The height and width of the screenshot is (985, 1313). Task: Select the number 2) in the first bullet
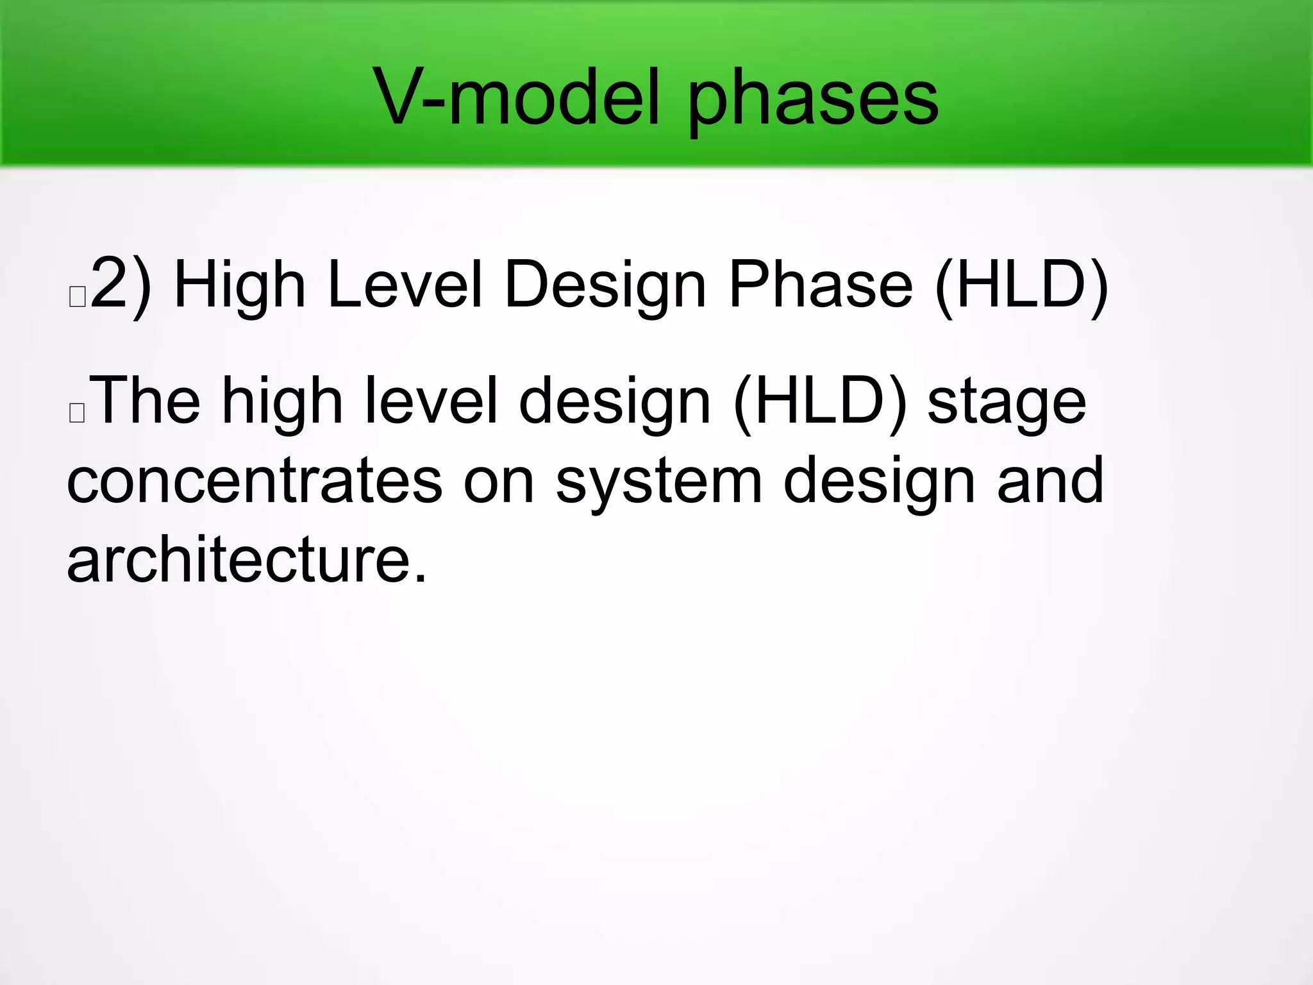coord(122,283)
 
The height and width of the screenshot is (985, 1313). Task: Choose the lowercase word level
coord(431,401)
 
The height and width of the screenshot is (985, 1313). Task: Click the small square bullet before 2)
coord(77,297)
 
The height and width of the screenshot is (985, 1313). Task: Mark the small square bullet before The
coord(77,413)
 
